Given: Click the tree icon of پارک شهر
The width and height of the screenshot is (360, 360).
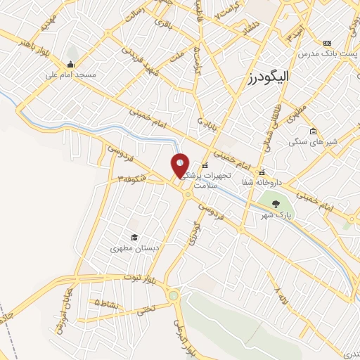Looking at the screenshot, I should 275,205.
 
